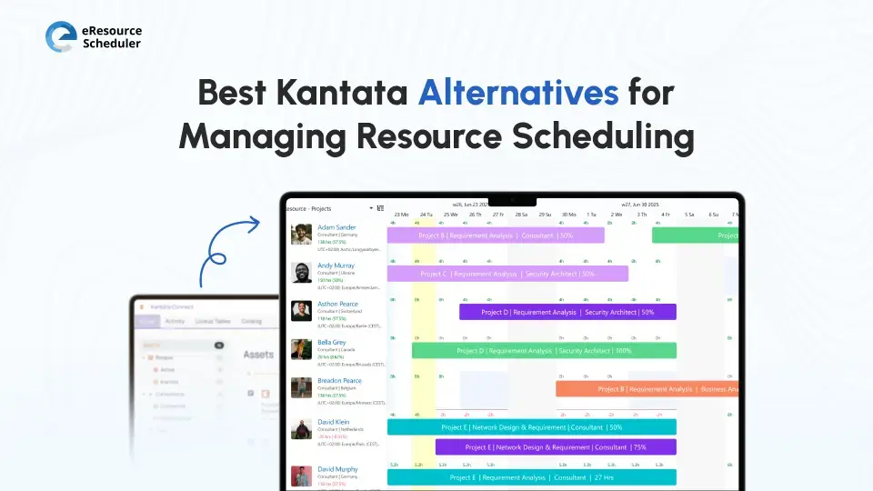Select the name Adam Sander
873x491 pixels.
(x=336, y=227)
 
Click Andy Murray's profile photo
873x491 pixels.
(x=302, y=273)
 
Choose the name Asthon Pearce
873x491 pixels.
(x=337, y=304)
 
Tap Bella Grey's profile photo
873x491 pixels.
(x=302, y=349)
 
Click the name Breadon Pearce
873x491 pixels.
(x=339, y=380)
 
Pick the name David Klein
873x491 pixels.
(x=334, y=422)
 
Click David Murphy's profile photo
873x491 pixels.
(x=302, y=476)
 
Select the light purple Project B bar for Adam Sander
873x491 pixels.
(x=496, y=235)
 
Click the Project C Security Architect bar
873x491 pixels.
(x=507, y=274)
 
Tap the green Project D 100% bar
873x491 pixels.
(x=544, y=350)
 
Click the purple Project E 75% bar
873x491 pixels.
(x=556, y=447)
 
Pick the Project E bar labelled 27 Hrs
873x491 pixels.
(x=531, y=477)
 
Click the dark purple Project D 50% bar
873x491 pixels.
(x=567, y=312)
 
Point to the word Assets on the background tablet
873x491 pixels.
(x=259, y=355)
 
